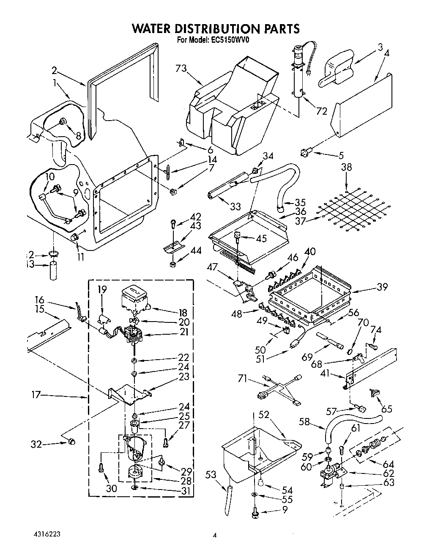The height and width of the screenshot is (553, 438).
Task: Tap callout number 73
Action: [x=181, y=69]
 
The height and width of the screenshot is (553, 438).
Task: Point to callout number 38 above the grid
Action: [x=346, y=167]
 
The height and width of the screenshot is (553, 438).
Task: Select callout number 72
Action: [x=321, y=111]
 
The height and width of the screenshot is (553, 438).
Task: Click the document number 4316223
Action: [x=47, y=534]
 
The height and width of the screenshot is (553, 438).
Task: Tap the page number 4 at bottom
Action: [x=214, y=536]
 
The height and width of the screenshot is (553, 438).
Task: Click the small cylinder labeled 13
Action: [x=54, y=271]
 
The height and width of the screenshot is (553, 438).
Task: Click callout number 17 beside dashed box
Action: [x=36, y=395]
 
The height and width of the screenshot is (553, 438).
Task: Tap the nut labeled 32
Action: [x=71, y=442]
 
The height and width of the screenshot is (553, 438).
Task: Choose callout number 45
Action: [x=261, y=238]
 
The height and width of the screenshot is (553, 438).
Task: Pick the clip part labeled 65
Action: [x=375, y=393]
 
